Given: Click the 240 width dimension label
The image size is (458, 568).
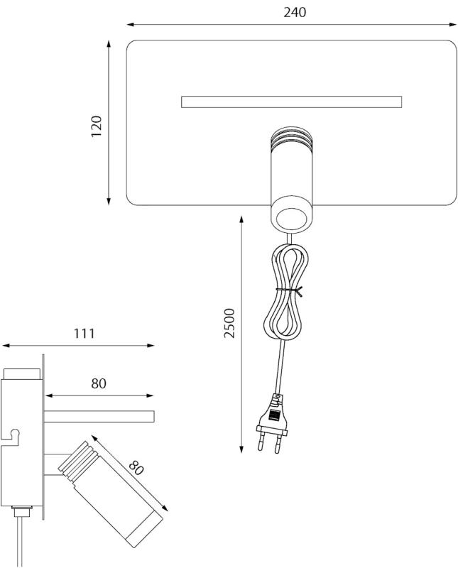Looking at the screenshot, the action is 295,12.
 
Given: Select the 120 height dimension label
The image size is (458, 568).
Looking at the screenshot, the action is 97,126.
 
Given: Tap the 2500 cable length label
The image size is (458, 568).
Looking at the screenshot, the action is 229,323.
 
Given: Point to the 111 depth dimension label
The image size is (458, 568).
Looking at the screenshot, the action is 84,333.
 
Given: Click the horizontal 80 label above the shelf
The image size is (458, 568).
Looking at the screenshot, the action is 99,383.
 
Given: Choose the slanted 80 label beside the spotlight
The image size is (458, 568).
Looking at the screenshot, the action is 136,467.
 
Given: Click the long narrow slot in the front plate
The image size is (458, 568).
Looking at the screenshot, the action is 291,102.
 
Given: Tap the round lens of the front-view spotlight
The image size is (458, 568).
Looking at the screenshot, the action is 291,219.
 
